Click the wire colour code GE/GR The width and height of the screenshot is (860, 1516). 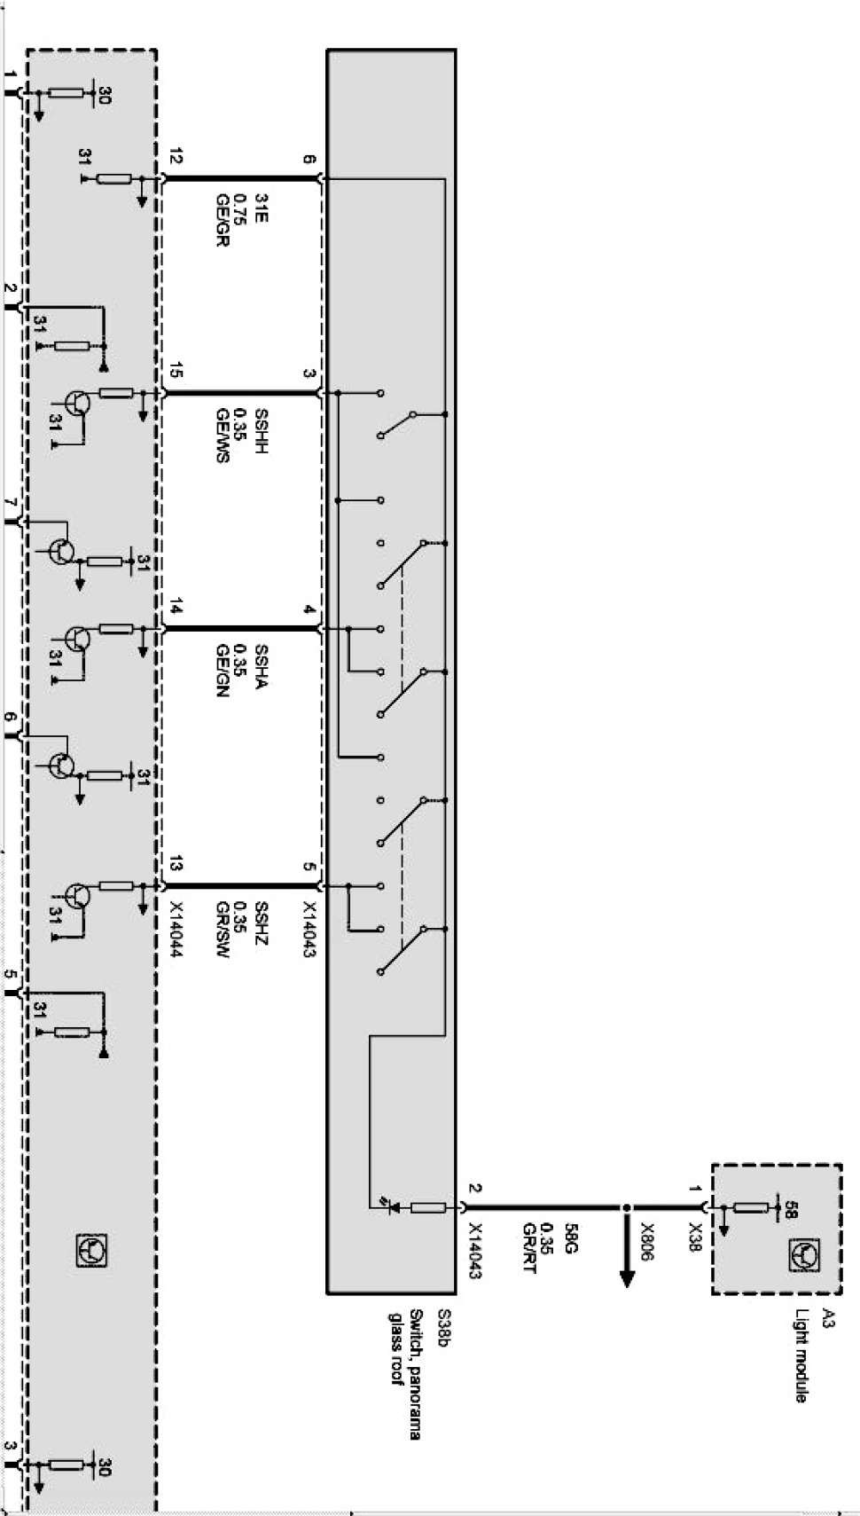pyautogui.click(x=222, y=217)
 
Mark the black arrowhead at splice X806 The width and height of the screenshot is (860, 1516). pyautogui.click(x=627, y=1277)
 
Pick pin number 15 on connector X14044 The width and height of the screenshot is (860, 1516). pyautogui.click(x=175, y=373)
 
